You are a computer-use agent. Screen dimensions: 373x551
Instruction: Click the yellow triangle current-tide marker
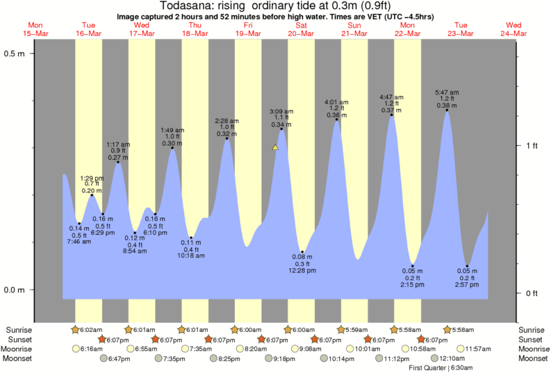[x=275, y=147]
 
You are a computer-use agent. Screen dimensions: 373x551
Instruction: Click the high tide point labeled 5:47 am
[x=446, y=110]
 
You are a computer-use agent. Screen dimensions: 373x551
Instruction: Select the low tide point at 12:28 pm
[x=302, y=252]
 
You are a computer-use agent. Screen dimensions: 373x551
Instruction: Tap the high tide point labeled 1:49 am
[x=172, y=147]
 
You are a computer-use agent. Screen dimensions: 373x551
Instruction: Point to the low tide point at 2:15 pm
[x=412, y=266]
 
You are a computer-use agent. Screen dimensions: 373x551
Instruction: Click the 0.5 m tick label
[x=15, y=53]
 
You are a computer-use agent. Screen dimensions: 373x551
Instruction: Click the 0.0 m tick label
[x=15, y=290]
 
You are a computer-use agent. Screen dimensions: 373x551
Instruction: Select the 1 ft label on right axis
[x=532, y=145]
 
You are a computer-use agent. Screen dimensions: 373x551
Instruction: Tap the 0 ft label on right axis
[x=532, y=293]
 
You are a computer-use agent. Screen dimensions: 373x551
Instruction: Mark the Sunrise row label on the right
[x=532, y=329]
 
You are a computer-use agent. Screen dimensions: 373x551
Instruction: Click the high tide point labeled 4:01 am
[x=337, y=119]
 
